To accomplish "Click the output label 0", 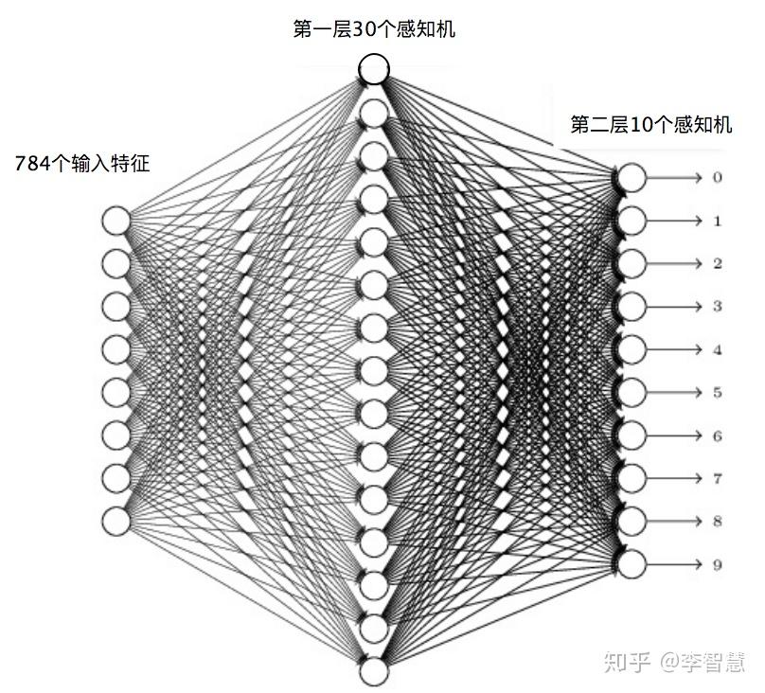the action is tap(718, 178).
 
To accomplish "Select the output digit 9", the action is tap(718, 565).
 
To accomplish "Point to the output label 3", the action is tap(718, 307).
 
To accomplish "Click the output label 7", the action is tap(718, 479).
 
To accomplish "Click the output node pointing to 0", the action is tap(632, 178).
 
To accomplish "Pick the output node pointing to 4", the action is tap(632, 348).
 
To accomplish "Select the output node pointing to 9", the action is tap(632, 563).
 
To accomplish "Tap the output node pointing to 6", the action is tap(632, 435).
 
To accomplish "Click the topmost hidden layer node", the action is tap(374, 68).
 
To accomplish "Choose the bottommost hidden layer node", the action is tap(374, 670).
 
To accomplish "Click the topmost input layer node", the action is tap(116, 220).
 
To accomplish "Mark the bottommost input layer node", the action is tap(116, 520).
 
